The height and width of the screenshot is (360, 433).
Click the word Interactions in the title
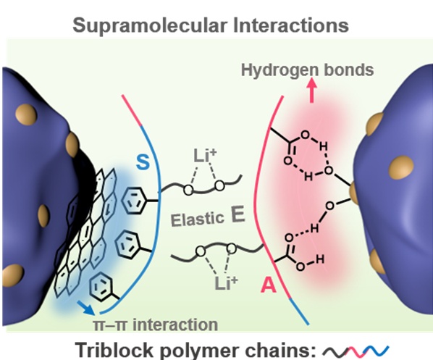click(x=291, y=25)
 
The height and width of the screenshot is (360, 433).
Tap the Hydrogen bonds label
click(x=307, y=70)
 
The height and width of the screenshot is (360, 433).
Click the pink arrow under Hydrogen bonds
click(x=312, y=91)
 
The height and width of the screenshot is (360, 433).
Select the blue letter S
click(x=143, y=162)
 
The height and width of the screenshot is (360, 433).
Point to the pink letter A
click(x=269, y=285)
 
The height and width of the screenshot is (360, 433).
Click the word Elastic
click(x=197, y=219)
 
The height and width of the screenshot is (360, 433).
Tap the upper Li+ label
click(x=205, y=156)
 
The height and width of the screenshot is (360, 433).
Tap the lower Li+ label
click(x=226, y=282)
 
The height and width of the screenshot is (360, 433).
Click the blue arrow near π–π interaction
click(x=86, y=308)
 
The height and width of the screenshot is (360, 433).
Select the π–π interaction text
click(x=156, y=325)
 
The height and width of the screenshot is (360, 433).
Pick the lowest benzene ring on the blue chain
click(x=101, y=286)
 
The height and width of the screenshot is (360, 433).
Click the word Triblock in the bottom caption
click(x=114, y=350)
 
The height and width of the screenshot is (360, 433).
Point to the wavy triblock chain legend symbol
click(x=356, y=351)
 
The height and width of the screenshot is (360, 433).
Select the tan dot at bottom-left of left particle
click(x=13, y=275)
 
